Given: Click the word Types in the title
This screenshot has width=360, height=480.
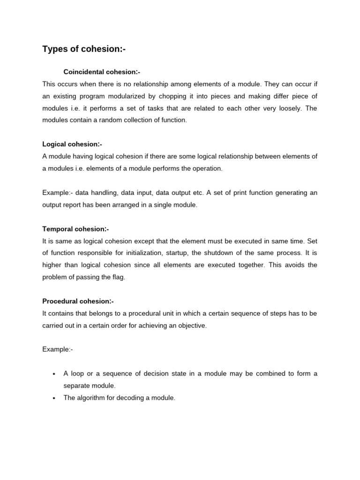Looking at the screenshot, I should (x=55, y=49).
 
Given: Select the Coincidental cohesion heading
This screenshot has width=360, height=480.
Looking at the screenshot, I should (x=102, y=72).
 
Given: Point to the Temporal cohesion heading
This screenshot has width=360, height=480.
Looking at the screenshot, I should (x=75, y=229).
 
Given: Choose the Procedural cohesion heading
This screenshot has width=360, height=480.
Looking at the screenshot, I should (x=78, y=301).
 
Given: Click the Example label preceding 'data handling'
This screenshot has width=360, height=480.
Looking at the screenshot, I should (x=56, y=193).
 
